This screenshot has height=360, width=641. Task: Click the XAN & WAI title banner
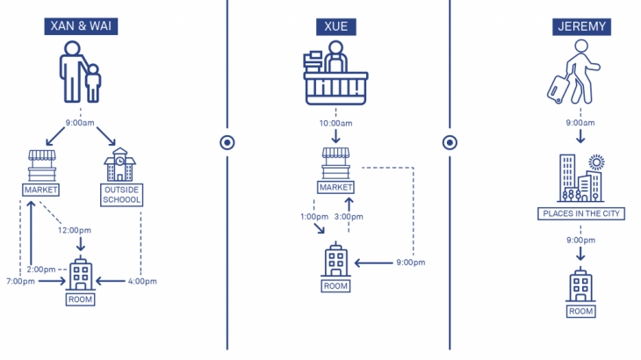pyautogui.click(x=80, y=26)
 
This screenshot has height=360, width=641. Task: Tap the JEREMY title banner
pyautogui.click(x=581, y=26)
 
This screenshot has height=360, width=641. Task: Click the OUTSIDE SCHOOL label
pyautogui.click(x=123, y=194)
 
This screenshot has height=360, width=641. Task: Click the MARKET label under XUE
pyautogui.click(x=336, y=187)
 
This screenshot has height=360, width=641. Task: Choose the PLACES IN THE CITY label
pyautogui.click(x=580, y=213)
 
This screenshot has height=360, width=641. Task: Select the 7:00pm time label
pyautogui.click(x=19, y=281)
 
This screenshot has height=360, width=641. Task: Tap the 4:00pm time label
pyautogui.click(x=140, y=281)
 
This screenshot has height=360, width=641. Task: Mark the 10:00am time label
pyautogui.click(x=336, y=123)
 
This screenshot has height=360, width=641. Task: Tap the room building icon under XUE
pyautogui.click(x=335, y=260)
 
